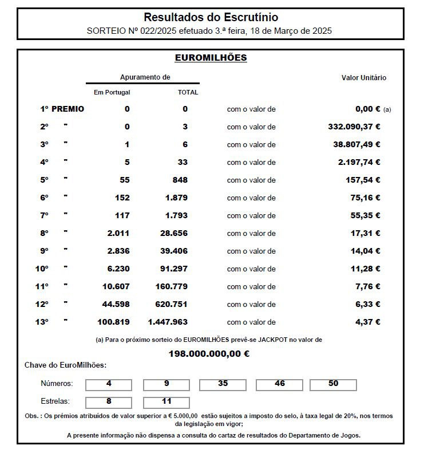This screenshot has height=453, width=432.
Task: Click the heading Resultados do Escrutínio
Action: pos(211,18)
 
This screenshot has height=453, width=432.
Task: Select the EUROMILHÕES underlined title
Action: pos(211,58)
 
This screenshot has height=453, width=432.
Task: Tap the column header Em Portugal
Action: pos(112,92)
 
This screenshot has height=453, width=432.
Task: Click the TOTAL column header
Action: pos(188,92)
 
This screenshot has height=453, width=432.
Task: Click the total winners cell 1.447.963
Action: pos(168,322)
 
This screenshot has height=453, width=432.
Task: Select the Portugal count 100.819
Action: pos(114,322)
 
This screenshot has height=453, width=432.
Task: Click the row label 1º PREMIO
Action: pos(62,109)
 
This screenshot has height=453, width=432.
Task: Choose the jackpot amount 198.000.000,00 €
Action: pos(209,354)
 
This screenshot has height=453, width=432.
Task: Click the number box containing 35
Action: pos(223,384)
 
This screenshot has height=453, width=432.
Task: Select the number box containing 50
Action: pos(334,384)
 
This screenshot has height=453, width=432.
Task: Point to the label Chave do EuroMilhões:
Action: pos(65,365)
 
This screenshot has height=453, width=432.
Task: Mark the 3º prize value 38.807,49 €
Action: pos(356,144)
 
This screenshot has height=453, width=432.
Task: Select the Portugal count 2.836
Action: pos(118,251)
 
